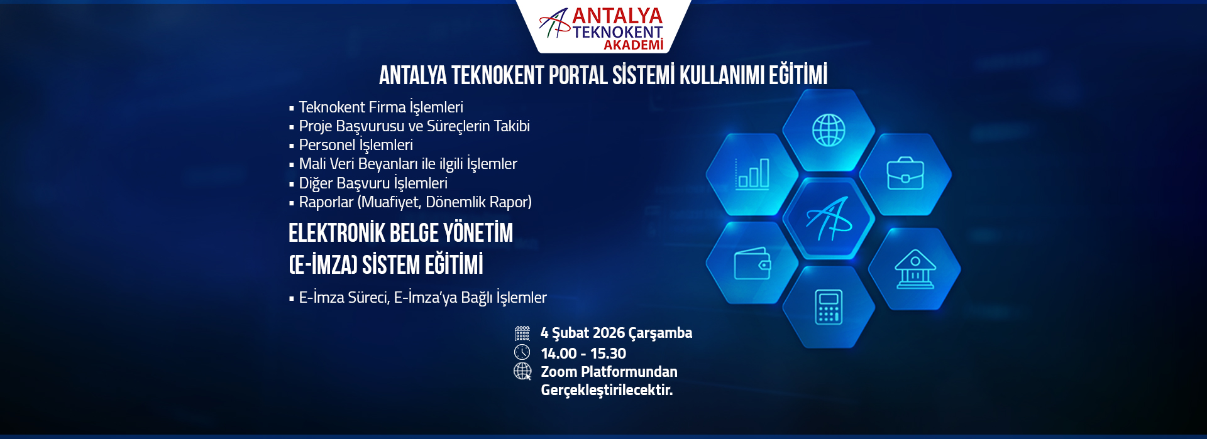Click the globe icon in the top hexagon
point(829,130)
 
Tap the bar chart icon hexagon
point(752,174)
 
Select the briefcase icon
point(905,173)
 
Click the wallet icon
point(752,263)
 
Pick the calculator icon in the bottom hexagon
point(829,307)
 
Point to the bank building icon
point(915,269)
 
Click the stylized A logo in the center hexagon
point(829,219)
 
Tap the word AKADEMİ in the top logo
point(634,45)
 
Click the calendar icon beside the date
point(522,333)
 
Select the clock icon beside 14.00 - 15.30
point(522,352)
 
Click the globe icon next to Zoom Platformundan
point(522,371)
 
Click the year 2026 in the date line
point(609,333)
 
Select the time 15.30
point(609,354)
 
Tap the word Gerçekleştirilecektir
point(607,390)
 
